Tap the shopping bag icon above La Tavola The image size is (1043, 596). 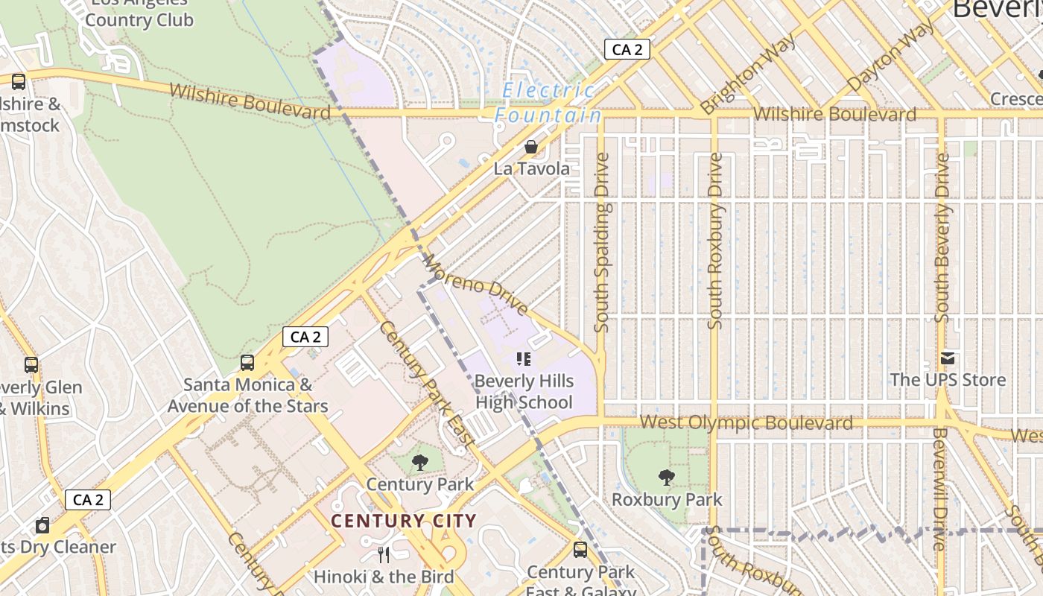(x=531, y=147)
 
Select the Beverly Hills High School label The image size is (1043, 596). (x=524, y=392)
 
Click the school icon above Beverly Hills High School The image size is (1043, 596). (x=524, y=360)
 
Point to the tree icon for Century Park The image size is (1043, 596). (x=420, y=463)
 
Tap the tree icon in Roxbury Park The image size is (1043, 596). (x=667, y=478)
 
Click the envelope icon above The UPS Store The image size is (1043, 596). (x=948, y=358)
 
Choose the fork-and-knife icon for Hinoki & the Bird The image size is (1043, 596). (x=384, y=555)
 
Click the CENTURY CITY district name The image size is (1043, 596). (x=403, y=521)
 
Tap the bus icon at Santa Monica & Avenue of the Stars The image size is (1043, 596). (x=247, y=363)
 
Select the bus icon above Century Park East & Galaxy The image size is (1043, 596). (x=580, y=551)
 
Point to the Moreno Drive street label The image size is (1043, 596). (x=476, y=284)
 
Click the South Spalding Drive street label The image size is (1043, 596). (x=602, y=242)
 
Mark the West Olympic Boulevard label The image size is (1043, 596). (x=746, y=423)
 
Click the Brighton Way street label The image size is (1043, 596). (x=748, y=74)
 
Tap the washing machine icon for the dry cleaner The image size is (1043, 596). (x=42, y=525)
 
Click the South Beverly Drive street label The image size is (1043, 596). (x=942, y=238)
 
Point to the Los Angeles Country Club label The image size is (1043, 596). (x=139, y=13)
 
